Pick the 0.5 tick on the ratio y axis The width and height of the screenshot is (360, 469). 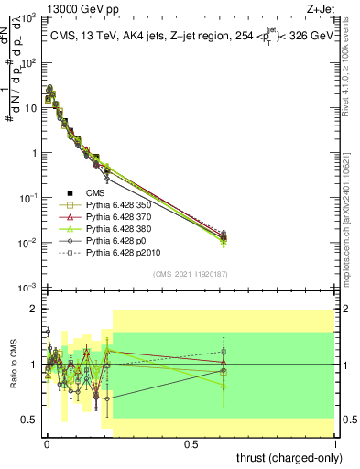click(31, 420)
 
